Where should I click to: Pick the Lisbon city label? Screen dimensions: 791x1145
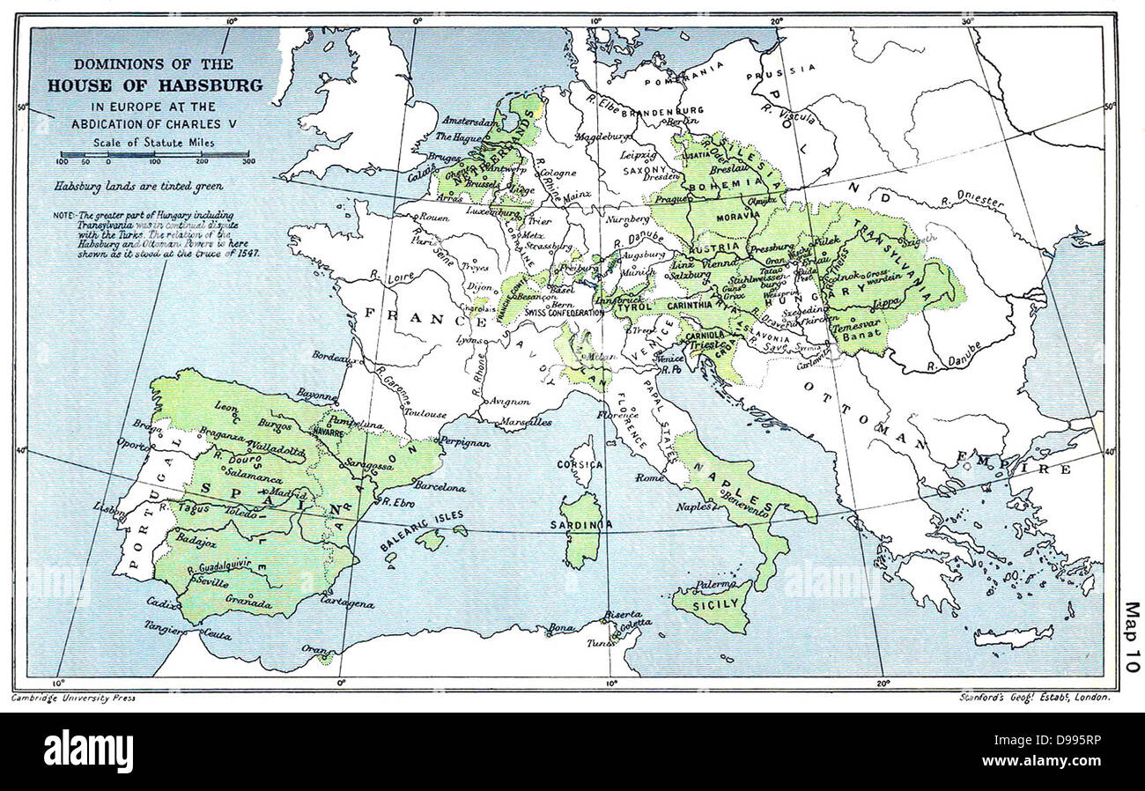(x=113, y=508)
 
